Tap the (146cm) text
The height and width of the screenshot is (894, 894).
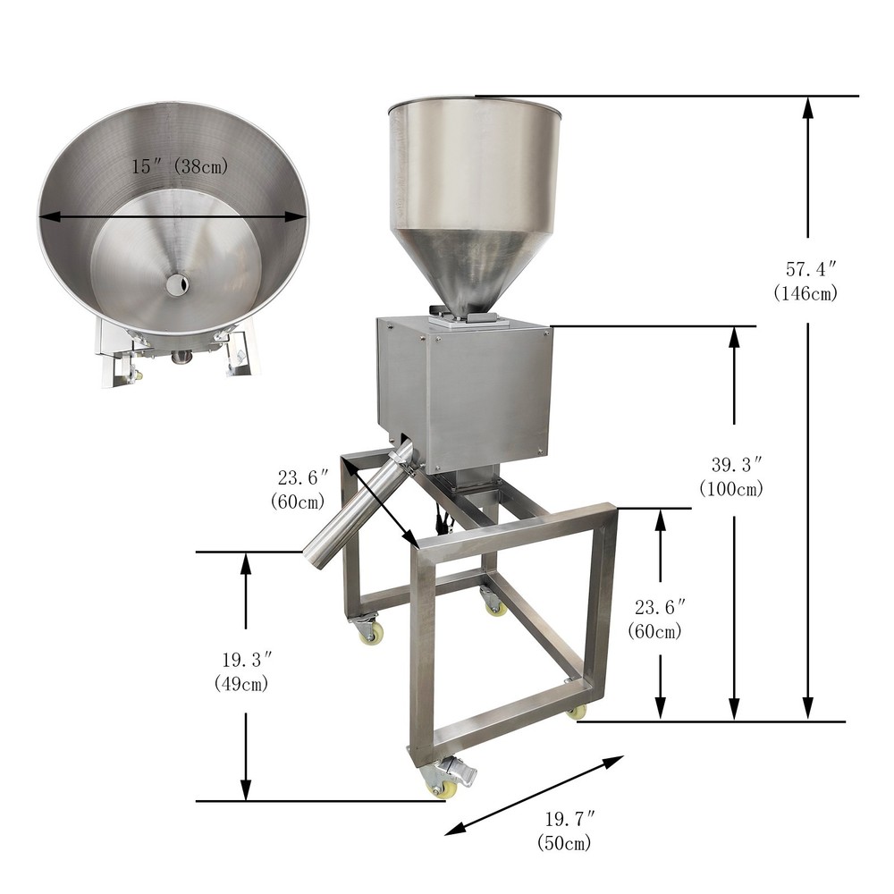tap(805, 293)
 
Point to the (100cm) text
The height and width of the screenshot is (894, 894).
tap(731, 489)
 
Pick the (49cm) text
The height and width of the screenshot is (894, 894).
tap(241, 683)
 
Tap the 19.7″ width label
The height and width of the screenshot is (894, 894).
tap(569, 819)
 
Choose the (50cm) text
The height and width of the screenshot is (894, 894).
tap(564, 843)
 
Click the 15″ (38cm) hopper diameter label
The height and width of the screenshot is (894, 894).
tap(180, 166)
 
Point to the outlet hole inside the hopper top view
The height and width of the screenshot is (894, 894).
tap(178, 284)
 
